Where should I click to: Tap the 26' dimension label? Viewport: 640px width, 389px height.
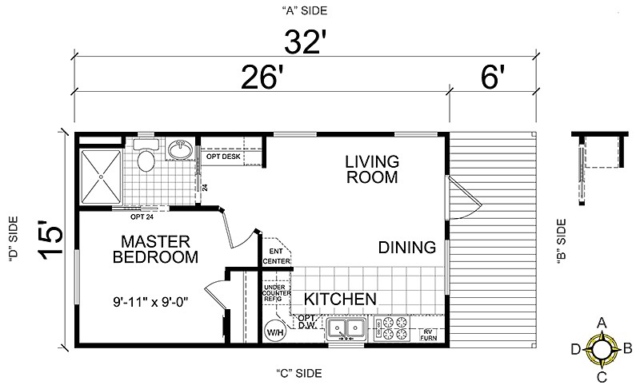[x=262, y=78]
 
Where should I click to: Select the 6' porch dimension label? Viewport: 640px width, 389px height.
[x=493, y=78]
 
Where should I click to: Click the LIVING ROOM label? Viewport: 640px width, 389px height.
[x=371, y=169]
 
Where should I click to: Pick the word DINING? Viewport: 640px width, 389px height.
[x=407, y=246]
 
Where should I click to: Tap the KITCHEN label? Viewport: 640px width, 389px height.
[x=339, y=300]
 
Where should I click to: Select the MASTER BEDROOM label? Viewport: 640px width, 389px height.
[x=155, y=249]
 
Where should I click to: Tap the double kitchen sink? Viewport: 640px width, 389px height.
[x=346, y=327]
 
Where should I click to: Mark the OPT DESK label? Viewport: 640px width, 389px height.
[x=223, y=156]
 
